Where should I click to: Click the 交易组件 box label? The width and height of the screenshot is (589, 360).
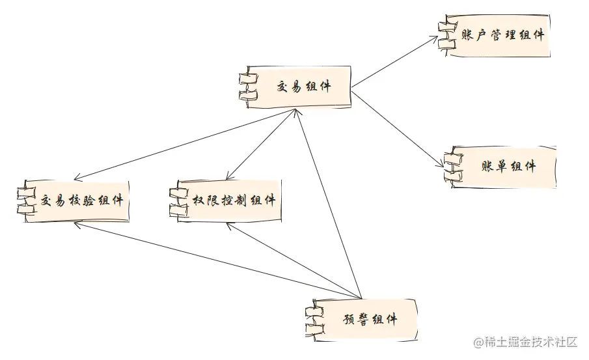(304, 86)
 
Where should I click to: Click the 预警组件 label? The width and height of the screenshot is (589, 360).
(370, 320)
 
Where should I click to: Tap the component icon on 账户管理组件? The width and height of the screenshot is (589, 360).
(445, 34)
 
